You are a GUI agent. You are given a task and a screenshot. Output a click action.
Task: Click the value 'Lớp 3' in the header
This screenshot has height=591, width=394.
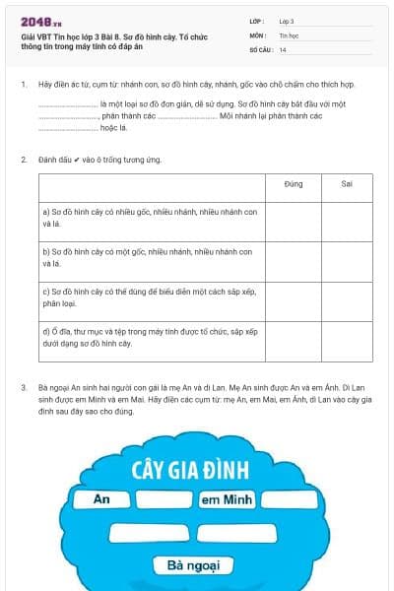pyautogui.click(x=287, y=20)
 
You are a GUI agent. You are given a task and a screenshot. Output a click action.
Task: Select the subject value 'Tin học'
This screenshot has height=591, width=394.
pyautogui.click(x=288, y=34)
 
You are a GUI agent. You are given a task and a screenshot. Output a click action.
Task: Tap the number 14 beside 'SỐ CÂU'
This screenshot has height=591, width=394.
pyautogui.click(x=283, y=49)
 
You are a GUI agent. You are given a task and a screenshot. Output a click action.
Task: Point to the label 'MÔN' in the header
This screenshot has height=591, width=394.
pyautogui.click(x=257, y=34)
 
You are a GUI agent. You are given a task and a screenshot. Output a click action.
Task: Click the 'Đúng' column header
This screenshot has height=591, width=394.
pyautogui.click(x=293, y=183)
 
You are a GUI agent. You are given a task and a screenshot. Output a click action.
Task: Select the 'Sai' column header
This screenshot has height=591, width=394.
pyautogui.click(x=347, y=183)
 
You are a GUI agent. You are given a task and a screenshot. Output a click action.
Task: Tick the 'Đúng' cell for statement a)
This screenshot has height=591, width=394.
pyautogui.click(x=293, y=221)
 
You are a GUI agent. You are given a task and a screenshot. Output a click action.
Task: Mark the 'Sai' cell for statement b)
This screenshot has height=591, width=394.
pyautogui.click(x=347, y=261)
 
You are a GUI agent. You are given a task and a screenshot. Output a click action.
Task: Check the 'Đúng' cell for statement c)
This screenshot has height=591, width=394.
pyautogui.click(x=293, y=300)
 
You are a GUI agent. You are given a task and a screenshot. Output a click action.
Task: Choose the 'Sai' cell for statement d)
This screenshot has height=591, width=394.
pyautogui.click(x=347, y=341)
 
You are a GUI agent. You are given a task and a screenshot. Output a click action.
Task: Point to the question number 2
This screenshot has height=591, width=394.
pyautogui.click(x=23, y=159)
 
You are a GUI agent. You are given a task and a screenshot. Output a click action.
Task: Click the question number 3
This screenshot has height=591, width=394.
pyautogui.click(x=23, y=387)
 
